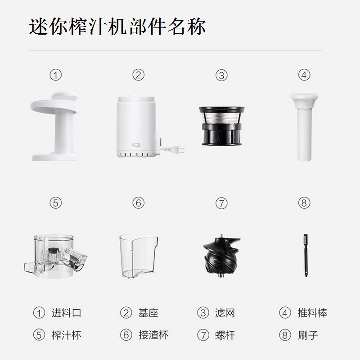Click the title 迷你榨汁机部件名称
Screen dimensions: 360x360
pos(117,27)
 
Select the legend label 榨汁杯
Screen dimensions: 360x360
pos(66,335)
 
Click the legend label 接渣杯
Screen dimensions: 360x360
pos(153,335)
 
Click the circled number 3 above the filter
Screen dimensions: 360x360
pos(221,75)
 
